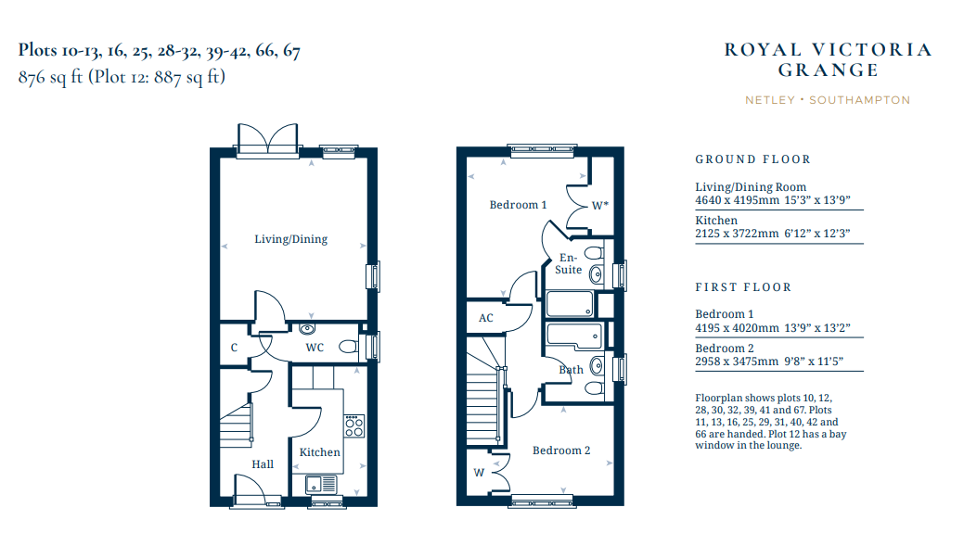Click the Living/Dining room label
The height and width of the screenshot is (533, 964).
(x=290, y=239)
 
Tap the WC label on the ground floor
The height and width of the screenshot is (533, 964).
(x=315, y=348)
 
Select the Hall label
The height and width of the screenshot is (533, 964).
(x=263, y=464)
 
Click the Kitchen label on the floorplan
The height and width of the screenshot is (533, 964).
(x=320, y=452)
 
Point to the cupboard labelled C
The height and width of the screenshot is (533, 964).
(x=234, y=348)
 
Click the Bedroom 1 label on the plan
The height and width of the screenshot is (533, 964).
(x=518, y=205)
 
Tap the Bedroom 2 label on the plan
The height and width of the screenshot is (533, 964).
(x=561, y=451)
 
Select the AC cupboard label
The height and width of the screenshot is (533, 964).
(x=485, y=318)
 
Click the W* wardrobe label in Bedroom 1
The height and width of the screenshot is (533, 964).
(x=600, y=206)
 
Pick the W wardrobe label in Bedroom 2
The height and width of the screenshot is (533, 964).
(x=479, y=473)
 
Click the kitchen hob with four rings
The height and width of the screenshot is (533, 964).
(x=354, y=426)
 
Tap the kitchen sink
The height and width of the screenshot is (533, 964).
(x=322, y=485)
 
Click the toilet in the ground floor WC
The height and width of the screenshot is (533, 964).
(x=349, y=347)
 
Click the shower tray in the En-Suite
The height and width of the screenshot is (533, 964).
(x=571, y=304)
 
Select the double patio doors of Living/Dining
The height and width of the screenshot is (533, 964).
(x=268, y=140)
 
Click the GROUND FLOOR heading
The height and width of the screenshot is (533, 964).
(x=753, y=159)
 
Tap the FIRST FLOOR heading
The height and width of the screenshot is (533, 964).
(x=743, y=287)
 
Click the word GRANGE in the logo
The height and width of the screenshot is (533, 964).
(x=829, y=70)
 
